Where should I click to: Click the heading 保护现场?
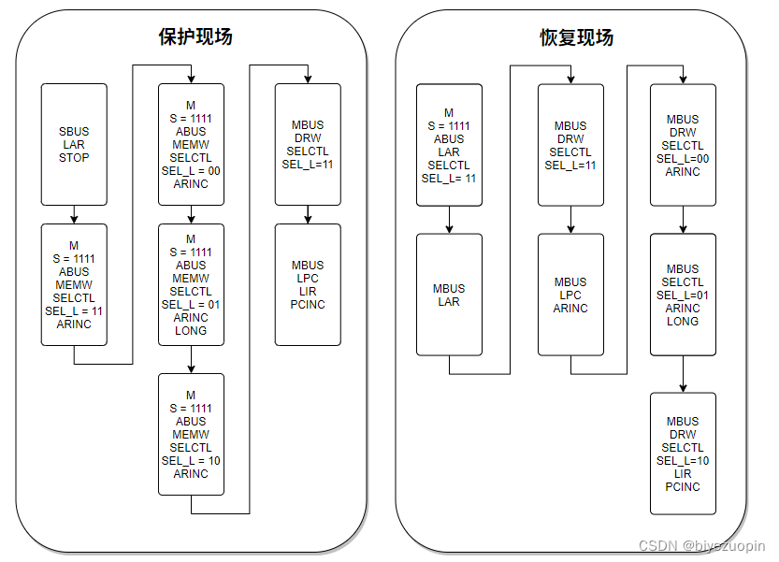tap(195, 37)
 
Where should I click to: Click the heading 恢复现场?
tap(577, 37)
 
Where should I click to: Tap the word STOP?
tap(74, 158)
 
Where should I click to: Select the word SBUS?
tap(74, 132)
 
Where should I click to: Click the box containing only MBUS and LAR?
tap(449, 295)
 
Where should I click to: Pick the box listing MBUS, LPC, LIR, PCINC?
tap(308, 284)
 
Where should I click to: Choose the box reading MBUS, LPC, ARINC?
tap(570, 295)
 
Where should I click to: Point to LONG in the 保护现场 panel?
tap(191, 330)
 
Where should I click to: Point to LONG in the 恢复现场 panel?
tap(683, 321)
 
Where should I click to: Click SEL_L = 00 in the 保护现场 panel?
tap(191, 171)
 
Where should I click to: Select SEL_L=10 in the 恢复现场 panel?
tap(683, 461)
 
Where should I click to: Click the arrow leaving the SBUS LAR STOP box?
tap(74, 214)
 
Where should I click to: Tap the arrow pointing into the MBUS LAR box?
tap(449, 224)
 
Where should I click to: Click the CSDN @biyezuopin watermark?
tap(701, 545)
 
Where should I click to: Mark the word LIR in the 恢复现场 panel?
tap(683, 474)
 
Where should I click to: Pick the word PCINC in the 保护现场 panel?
tap(308, 304)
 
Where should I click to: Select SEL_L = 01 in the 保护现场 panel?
tap(191, 304)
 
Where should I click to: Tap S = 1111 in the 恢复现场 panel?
tap(449, 126)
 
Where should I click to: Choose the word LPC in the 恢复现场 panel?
tap(570, 295)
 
